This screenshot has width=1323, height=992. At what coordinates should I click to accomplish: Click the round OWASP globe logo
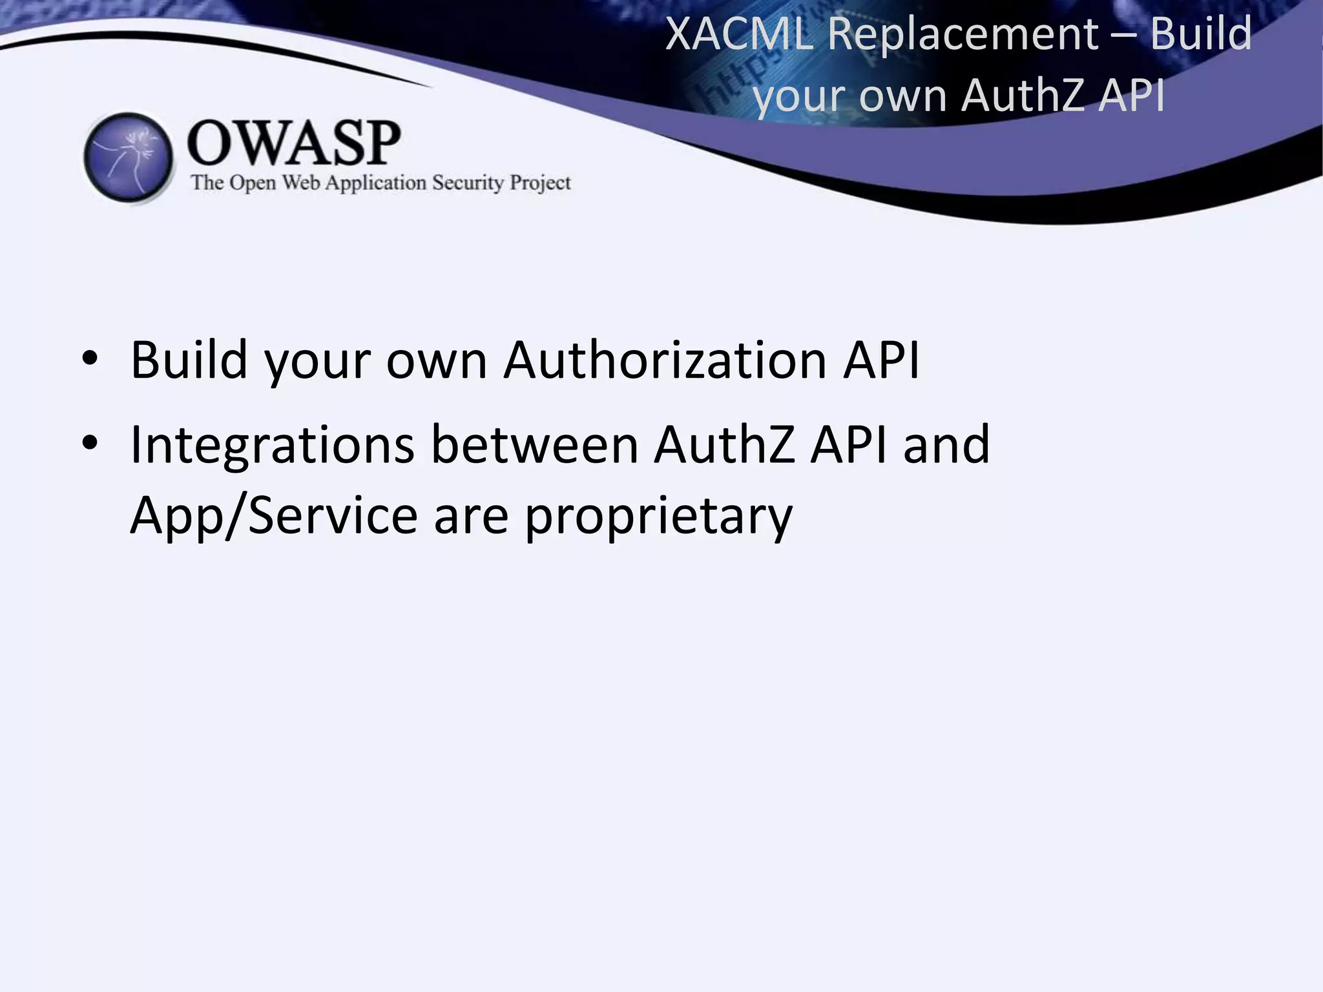coord(129,157)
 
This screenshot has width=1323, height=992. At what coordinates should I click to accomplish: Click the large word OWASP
coord(294,143)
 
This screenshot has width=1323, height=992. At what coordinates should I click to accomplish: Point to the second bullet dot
coord(90,443)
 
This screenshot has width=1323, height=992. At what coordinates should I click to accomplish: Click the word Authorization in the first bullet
coord(665,359)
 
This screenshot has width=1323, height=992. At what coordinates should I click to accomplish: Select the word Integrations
coord(272,446)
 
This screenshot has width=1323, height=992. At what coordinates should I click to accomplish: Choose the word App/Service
coord(274,517)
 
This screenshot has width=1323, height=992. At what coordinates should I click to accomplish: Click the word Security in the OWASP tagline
coord(468,183)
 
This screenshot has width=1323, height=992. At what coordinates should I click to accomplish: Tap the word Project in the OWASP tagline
coord(540,183)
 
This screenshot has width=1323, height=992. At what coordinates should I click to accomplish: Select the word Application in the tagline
coord(375,183)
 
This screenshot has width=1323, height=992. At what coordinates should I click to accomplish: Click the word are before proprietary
coord(471,517)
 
